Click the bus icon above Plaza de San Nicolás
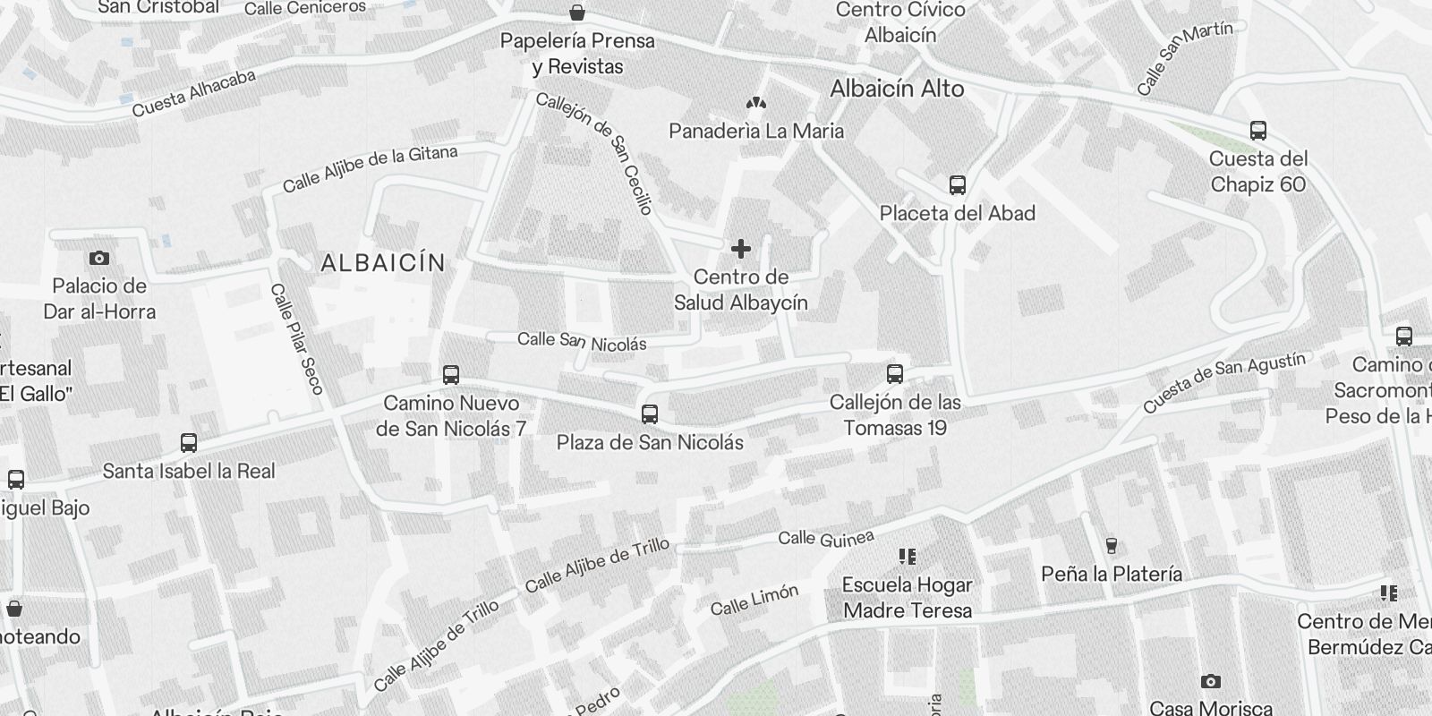coord(650,414)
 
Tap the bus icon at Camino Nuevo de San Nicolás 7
coord(451,375)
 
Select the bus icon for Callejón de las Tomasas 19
coord(894,374)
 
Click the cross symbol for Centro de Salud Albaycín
coord(740,248)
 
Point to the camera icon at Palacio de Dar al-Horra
coord(99,259)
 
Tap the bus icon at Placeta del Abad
coord(957,185)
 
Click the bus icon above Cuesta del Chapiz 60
coord(1257,131)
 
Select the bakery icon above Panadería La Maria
coord(756,104)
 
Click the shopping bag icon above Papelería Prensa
coord(577,13)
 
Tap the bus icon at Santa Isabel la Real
coord(189,443)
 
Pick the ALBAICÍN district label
coord(383,263)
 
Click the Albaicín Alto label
coord(897,89)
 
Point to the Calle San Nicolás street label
coord(582,341)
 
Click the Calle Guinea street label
coord(825,538)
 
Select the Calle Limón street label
coord(754,601)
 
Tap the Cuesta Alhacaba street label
coord(193,93)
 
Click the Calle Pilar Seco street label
coord(296,339)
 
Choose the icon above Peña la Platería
coord(1111,545)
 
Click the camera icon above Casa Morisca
coord(1210,682)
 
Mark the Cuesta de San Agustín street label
coord(1223,381)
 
